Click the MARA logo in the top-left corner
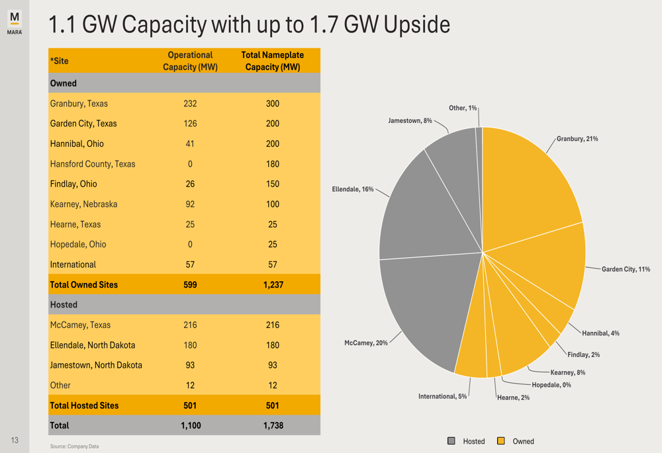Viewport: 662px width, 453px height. [15, 22]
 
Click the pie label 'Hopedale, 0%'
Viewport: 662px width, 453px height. [551, 385]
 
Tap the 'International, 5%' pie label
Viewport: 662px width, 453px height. [442, 396]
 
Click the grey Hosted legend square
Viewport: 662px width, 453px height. [451, 441]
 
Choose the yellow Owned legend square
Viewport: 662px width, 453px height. [501, 441]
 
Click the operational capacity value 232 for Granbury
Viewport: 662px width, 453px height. [190, 104]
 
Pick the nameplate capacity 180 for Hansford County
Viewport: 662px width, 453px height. [273, 164]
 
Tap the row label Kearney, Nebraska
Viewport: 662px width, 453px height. [83, 204]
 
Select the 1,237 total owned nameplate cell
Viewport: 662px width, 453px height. [273, 285]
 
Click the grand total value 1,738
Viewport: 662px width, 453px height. [273, 425]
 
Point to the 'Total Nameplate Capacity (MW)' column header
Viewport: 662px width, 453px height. [273, 61]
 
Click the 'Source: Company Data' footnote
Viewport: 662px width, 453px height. [74, 446]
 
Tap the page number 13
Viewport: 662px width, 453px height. [15, 440]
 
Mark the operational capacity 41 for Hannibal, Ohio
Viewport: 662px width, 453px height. [190, 144]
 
